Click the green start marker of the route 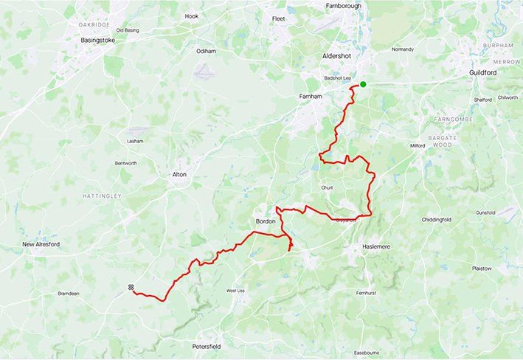363,84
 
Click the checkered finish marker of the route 131,288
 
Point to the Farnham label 311,97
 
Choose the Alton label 179,175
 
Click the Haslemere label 381,246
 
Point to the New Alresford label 40,244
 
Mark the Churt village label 328,187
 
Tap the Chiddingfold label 436,220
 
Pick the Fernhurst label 366,293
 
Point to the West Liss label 235,291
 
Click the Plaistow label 482,269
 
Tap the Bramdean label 68,294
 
